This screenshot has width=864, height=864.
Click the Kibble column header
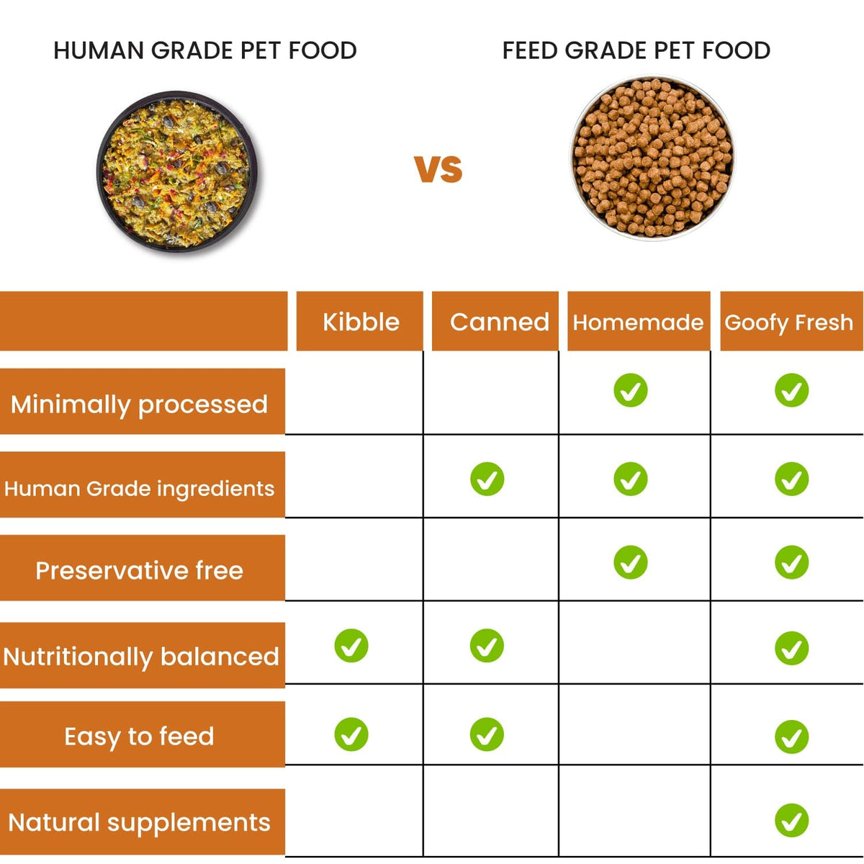coord(360,322)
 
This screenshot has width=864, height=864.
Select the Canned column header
coord(499,322)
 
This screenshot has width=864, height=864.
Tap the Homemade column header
coord(638,322)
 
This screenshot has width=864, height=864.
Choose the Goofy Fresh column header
coord(789,322)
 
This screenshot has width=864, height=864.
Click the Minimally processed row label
coord(139,403)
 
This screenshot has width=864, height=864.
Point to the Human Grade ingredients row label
coord(139,487)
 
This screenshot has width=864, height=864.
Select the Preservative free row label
coord(139,570)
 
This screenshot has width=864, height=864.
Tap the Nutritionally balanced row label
coord(140,656)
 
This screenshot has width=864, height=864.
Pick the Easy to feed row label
coord(139,736)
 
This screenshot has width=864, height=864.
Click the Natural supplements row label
coord(139,822)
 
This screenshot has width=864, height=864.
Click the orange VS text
coord(438,169)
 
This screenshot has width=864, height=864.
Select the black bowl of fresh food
coord(176,171)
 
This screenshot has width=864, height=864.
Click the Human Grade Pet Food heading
coord(205,50)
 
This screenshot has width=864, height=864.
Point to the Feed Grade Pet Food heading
coord(636,50)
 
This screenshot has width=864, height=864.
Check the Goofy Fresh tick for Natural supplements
coord(791,820)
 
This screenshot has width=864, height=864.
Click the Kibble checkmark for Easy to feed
coord(351,734)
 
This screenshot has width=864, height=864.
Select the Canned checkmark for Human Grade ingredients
coord(487,479)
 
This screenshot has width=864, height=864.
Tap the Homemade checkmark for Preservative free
coord(630,562)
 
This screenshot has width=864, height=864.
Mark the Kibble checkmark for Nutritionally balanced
coord(351,646)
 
